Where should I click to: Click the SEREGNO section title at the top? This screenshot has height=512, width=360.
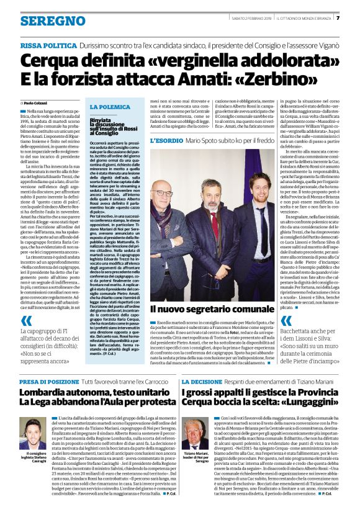[44, 20]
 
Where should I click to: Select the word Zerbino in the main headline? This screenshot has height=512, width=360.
[292, 79]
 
